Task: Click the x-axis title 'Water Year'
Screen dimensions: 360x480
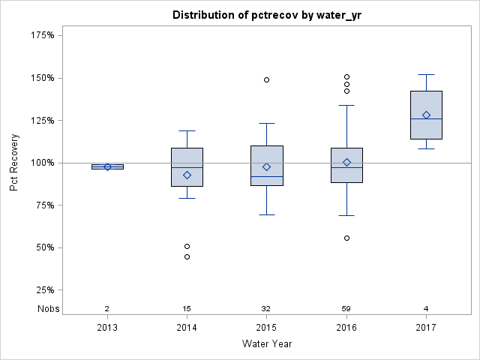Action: pyautogui.click(x=266, y=343)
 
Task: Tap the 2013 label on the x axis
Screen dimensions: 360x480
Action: pyautogui.click(x=107, y=327)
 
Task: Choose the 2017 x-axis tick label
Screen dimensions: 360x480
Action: pyautogui.click(x=426, y=327)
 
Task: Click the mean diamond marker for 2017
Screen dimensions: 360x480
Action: pyautogui.click(x=426, y=115)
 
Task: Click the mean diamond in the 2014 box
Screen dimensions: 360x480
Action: pyautogui.click(x=187, y=175)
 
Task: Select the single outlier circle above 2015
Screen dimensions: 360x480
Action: pyautogui.click(x=266, y=79)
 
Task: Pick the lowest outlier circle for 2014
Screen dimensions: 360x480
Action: pyautogui.click(x=187, y=256)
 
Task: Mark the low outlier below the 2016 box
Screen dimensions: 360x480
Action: pyautogui.click(x=346, y=238)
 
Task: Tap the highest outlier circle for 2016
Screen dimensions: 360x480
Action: pyautogui.click(x=346, y=76)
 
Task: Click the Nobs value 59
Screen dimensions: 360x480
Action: pyautogui.click(x=346, y=308)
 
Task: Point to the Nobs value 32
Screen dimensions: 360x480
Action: pyautogui.click(x=266, y=308)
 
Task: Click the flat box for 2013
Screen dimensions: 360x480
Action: pyautogui.click(x=107, y=166)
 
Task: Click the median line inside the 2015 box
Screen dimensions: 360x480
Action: pyautogui.click(x=266, y=176)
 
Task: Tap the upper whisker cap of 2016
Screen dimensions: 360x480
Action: pyautogui.click(x=346, y=105)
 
